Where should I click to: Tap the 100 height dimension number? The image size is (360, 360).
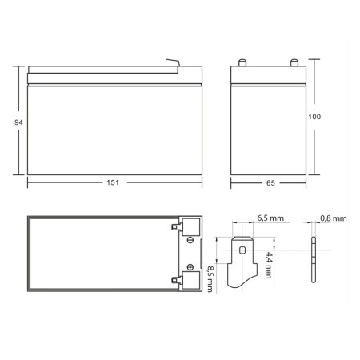click(x=314, y=117)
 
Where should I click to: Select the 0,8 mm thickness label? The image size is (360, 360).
click(x=334, y=218)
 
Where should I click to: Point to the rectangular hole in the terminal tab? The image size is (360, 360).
click(x=244, y=251)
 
